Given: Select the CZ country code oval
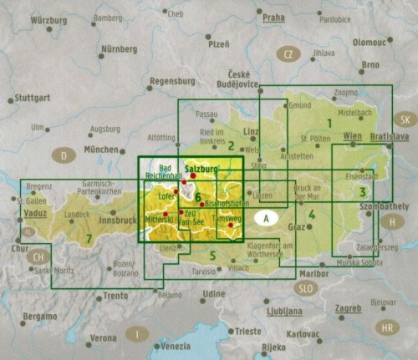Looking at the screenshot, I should tap(288, 55).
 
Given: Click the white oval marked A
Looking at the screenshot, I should tap(266, 219).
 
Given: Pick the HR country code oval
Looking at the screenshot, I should tap(386, 327).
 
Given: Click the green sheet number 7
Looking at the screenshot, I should tap(89, 240).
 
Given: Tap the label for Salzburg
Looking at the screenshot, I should tap(201, 169).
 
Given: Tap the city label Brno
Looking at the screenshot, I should tap(370, 63).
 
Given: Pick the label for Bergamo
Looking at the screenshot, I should tap(39, 317).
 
